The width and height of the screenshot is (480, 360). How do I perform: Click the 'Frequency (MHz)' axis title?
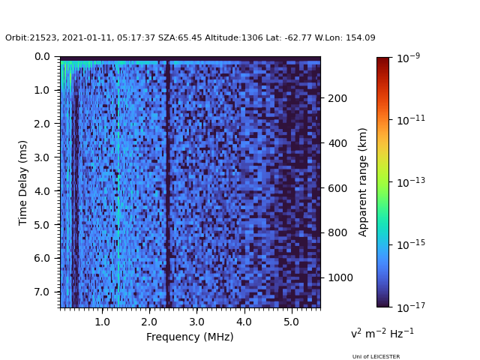pyautogui.click(x=190, y=337)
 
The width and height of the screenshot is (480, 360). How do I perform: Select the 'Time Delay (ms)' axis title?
pyautogui.click(x=23, y=182)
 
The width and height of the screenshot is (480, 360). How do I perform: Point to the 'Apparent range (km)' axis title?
pyautogui.click(x=363, y=181)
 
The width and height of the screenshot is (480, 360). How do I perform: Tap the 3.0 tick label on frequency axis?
pyautogui.click(x=196, y=321)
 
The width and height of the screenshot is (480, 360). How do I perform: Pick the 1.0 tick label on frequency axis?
pyautogui.click(x=102, y=321)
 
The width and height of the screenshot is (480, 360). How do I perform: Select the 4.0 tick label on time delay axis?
pyautogui.click(x=42, y=191)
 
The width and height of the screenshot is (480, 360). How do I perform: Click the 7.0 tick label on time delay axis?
pyautogui.click(x=42, y=292)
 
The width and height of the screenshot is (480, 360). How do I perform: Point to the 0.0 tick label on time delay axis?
pyautogui.click(x=42, y=56)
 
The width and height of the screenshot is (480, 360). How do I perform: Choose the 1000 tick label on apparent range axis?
pyautogui.click(x=340, y=277)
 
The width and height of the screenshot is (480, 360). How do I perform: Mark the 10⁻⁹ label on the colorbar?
pyautogui.click(x=409, y=58)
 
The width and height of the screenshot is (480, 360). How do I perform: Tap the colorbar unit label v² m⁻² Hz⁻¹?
pyautogui.click(x=382, y=333)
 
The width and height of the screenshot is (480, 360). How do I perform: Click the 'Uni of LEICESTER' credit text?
pyautogui.click(x=376, y=356)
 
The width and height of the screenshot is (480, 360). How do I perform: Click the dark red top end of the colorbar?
pyautogui.click(x=383, y=60)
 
